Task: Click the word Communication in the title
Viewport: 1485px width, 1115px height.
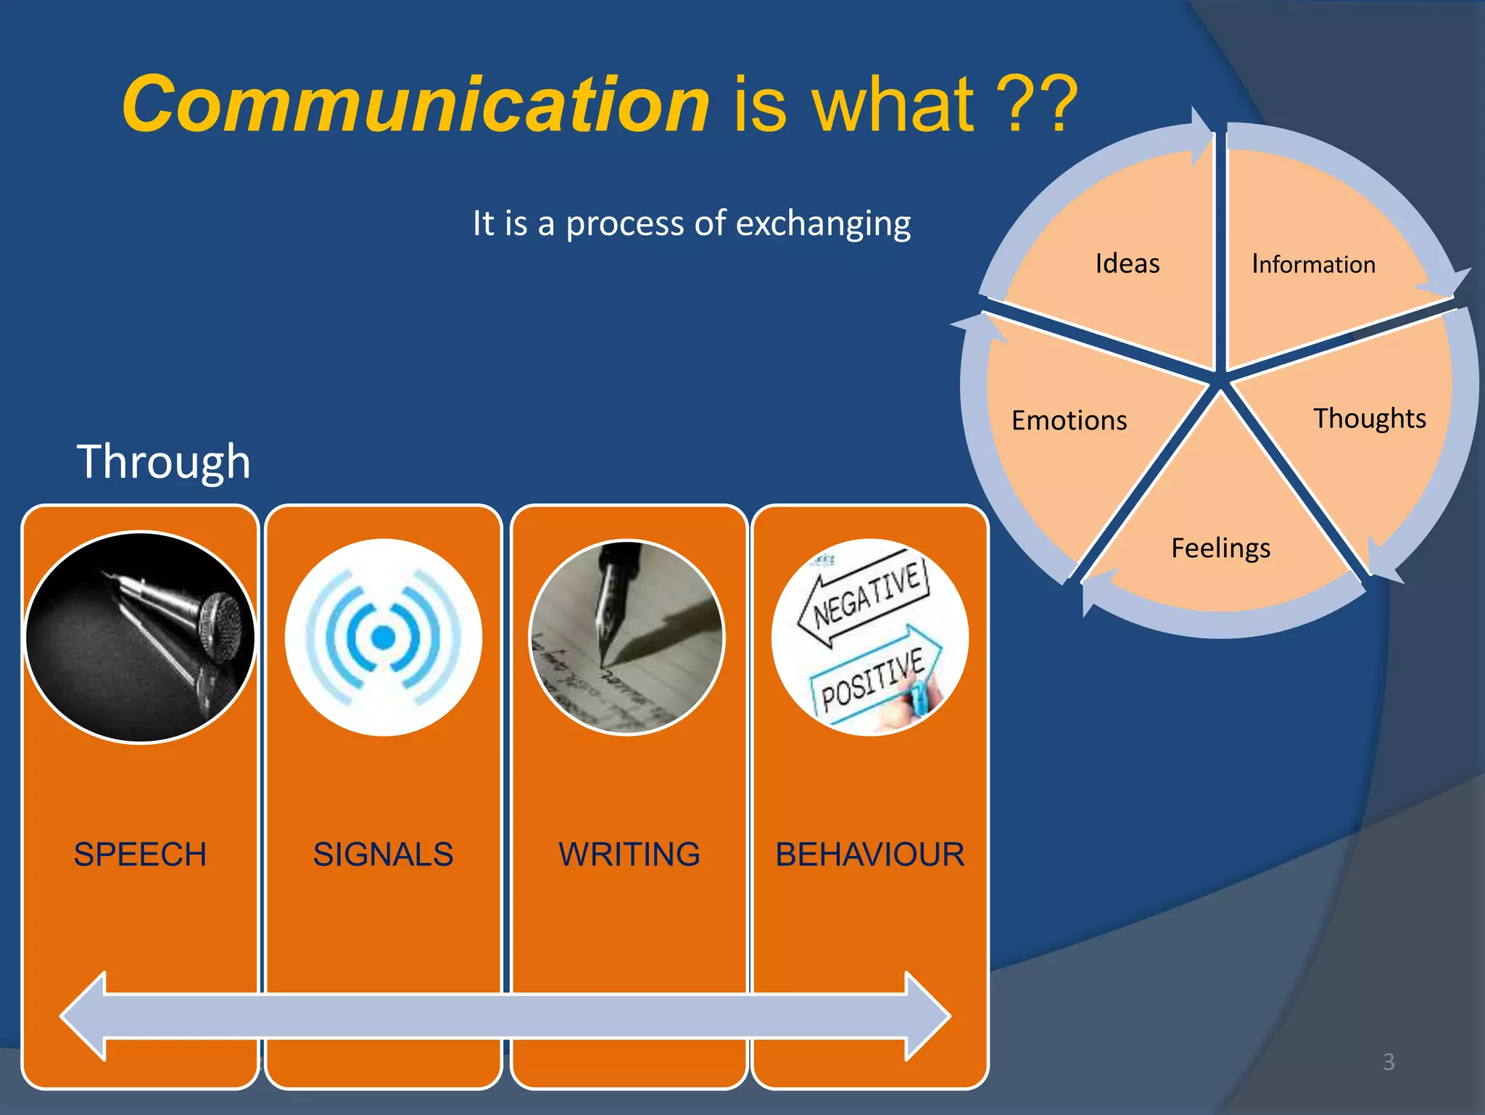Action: click(x=415, y=105)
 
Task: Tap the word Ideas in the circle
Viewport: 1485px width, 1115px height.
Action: click(x=1127, y=263)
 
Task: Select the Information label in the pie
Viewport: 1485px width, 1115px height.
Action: click(x=1313, y=265)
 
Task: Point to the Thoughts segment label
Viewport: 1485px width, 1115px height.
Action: click(x=1369, y=419)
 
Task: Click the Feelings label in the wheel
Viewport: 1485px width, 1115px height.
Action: click(x=1220, y=548)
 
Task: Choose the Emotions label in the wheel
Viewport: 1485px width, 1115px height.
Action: click(x=1069, y=421)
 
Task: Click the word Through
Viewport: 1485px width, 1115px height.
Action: click(x=164, y=461)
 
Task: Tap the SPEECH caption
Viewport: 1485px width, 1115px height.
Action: click(x=140, y=854)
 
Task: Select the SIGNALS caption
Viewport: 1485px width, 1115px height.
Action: click(x=383, y=854)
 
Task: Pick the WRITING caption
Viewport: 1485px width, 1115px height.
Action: click(x=629, y=854)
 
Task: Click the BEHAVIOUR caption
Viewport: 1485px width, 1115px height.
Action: click(x=869, y=854)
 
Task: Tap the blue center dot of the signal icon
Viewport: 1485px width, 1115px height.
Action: click(x=383, y=638)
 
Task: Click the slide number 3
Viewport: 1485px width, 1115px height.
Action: click(x=1388, y=1062)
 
